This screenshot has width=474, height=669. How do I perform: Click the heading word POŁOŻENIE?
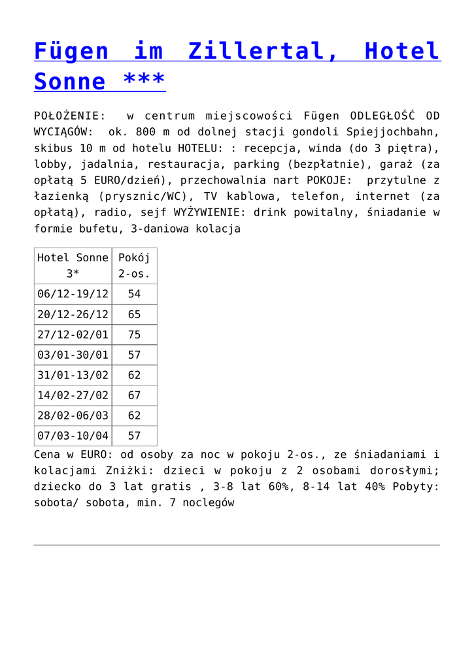click(x=69, y=116)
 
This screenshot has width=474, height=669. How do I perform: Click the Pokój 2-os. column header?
click(x=134, y=265)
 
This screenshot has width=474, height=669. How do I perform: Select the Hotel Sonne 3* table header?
click(x=73, y=265)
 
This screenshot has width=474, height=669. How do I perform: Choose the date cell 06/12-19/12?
click(x=73, y=294)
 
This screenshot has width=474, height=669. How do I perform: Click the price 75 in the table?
click(x=134, y=334)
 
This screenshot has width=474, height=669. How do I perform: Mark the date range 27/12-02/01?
click(x=73, y=334)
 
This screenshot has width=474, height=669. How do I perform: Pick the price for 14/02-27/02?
click(x=134, y=395)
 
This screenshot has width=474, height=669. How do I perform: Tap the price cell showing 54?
click(x=134, y=294)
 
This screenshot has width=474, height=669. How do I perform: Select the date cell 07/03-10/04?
click(x=73, y=436)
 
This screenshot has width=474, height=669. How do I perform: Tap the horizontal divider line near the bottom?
click(x=237, y=545)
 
